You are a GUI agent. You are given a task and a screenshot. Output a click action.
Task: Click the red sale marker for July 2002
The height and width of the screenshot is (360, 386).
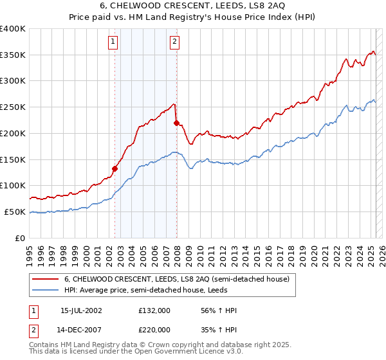[x=115, y=169]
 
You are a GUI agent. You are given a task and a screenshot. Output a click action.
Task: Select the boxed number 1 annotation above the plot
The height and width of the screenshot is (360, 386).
[x=113, y=42]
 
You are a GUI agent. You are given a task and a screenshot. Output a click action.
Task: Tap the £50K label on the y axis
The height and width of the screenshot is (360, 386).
[x=15, y=212]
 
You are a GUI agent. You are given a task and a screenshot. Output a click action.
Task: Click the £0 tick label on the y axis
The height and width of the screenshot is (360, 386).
[x=21, y=238]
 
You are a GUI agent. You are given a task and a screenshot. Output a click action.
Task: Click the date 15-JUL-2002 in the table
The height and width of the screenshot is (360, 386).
[x=82, y=310]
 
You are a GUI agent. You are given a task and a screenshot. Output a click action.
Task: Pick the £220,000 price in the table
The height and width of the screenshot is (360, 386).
[x=154, y=328]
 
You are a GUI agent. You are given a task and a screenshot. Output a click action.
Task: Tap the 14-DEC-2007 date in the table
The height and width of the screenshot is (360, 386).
[x=82, y=328]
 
